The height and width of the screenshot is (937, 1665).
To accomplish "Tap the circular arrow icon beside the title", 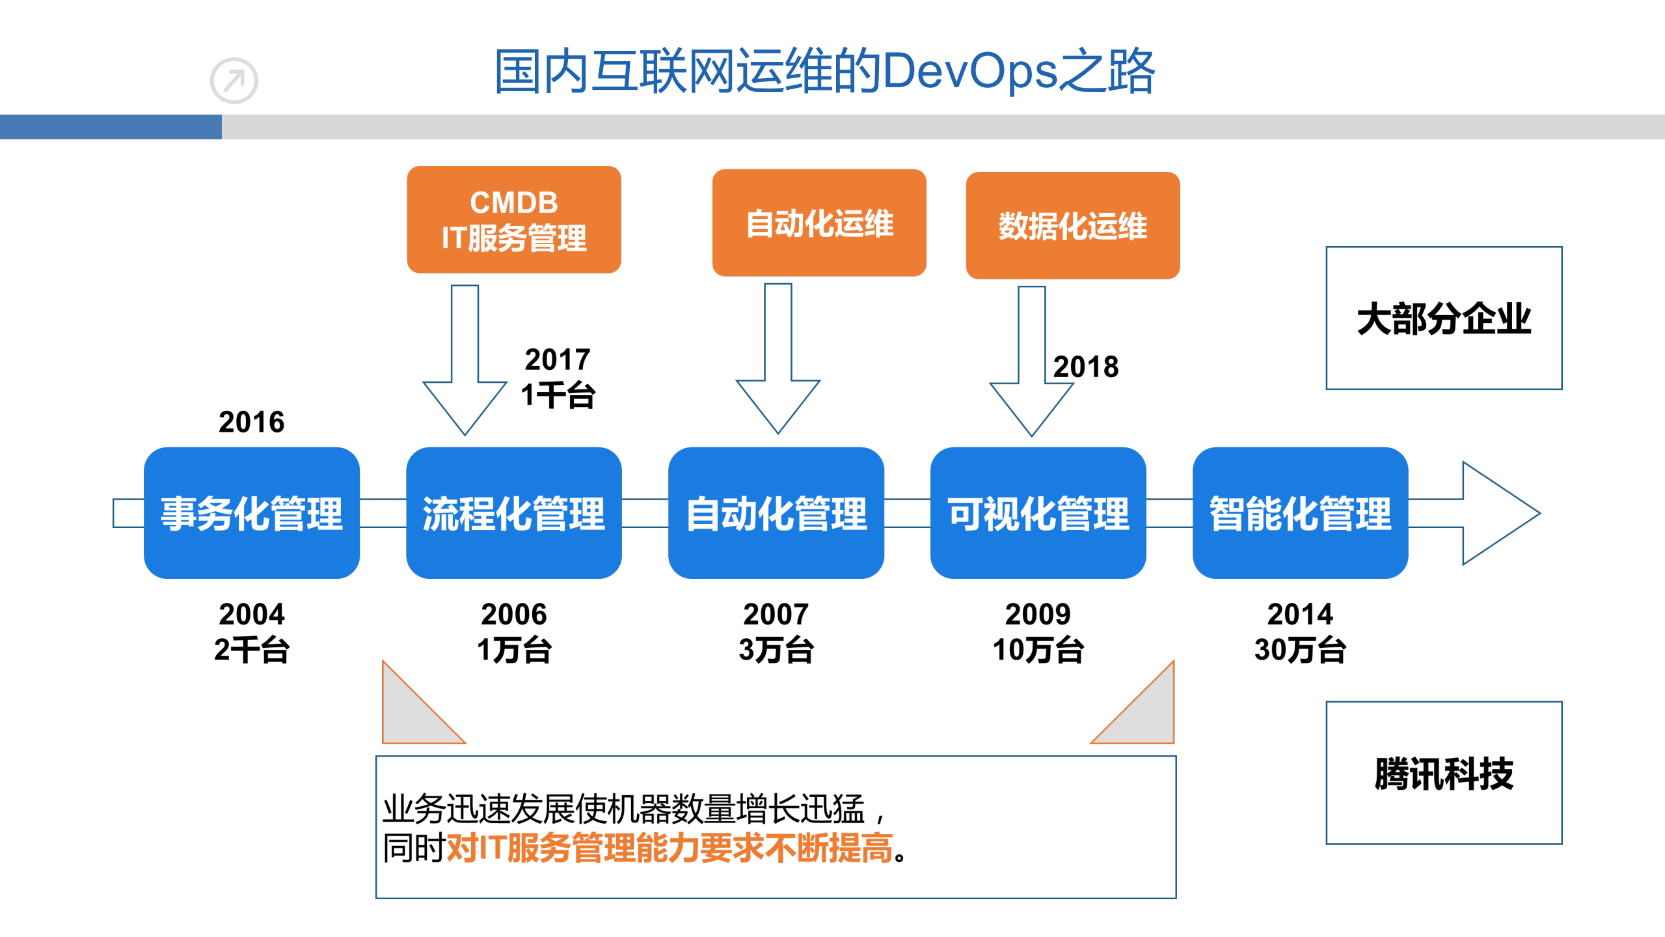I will point(234,81).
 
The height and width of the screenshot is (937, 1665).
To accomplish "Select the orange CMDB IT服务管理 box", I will point(513,219).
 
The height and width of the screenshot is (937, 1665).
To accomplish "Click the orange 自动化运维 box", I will point(819,223).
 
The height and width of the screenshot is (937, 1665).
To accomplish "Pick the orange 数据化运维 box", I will point(1072,225).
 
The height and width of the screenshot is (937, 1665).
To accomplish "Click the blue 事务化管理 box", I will point(252,512).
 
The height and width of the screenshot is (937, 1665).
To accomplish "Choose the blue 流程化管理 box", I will point(513,512).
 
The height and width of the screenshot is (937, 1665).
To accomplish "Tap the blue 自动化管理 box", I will point(776,512).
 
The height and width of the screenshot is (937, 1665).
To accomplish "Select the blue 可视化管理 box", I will point(1038,512).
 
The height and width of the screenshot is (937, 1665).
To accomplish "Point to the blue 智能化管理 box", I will point(1300,512).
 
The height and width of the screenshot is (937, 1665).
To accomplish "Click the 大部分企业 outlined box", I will point(1444,318).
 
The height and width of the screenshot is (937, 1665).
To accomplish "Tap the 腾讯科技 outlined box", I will point(1444,773).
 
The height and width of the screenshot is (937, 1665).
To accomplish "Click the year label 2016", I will point(251,422).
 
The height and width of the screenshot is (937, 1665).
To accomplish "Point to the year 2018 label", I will point(1086,367).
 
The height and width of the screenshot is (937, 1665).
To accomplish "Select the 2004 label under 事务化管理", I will point(251,614).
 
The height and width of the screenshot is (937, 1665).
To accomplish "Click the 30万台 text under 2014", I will point(1300,650).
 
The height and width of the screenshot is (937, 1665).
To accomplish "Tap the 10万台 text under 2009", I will point(1038,650).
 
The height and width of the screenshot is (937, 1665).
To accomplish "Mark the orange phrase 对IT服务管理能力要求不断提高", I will point(670,848).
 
